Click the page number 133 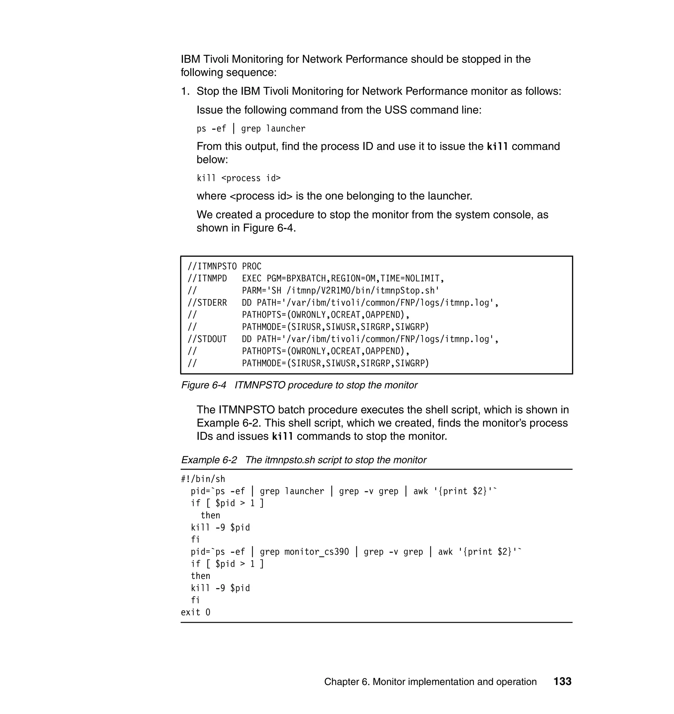pyautogui.click(x=562, y=682)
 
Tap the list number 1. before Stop pyautogui.click(x=185, y=91)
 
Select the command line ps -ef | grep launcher pyautogui.click(x=251, y=129)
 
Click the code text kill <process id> pyautogui.click(x=239, y=178)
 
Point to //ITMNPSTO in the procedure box pyautogui.click(x=212, y=266)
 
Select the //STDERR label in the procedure pyautogui.click(x=207, y=303)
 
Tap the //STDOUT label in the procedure pyautogui.click(x=207, y=339)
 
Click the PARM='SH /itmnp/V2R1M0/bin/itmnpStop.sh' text pyautogui.click(x=341, y=290)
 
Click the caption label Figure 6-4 pyautogui.click(x=203, y=385)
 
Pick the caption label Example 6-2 pyautogui.click(x=209, y=460)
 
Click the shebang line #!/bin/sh pyautogui.click(x=203, y=479)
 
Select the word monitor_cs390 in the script pyautogui.click(x=317, y=552)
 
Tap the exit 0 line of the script pyautogui.click(x=195, y=612)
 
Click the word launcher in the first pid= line pyautogui.click(x=304, y=491)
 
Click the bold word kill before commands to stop pyautogui.click(x=282, y=436)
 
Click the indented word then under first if pyautogui.click(x=210, y=515)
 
